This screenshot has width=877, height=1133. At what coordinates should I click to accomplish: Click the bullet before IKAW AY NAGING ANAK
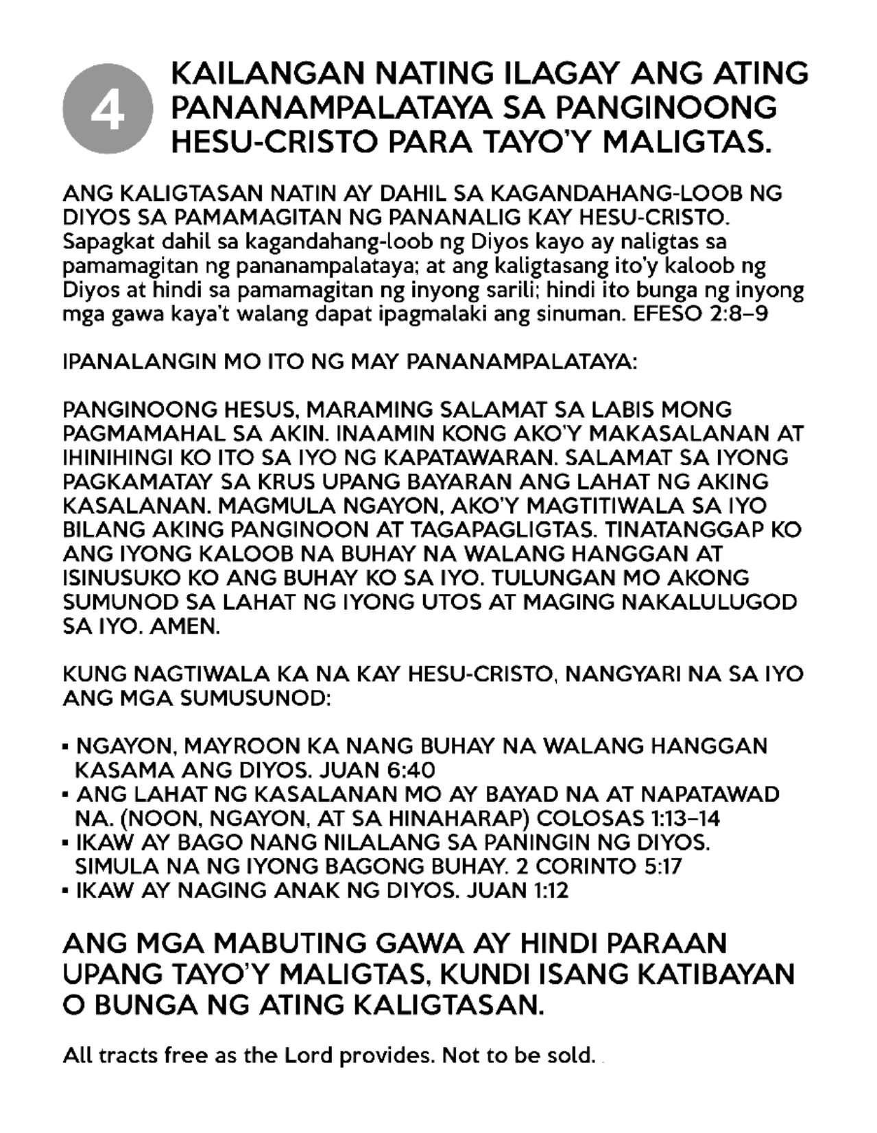[66, 892]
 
